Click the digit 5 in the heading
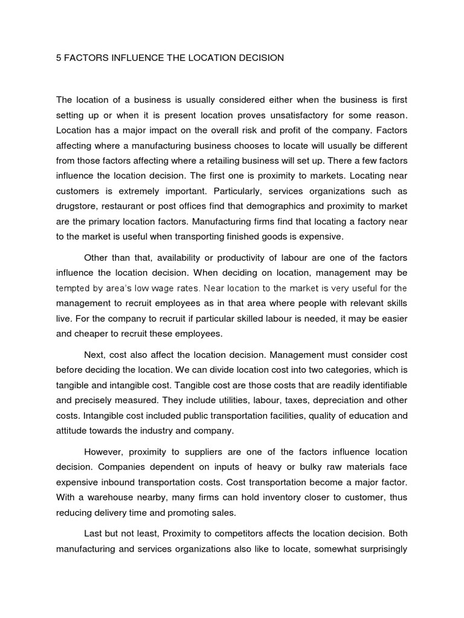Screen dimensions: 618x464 (x=59, y=59)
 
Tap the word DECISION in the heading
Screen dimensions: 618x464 (x=259, y=59)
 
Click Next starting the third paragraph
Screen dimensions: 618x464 (x=95, y=354)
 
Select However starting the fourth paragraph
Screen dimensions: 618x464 (x=105, y=452)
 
